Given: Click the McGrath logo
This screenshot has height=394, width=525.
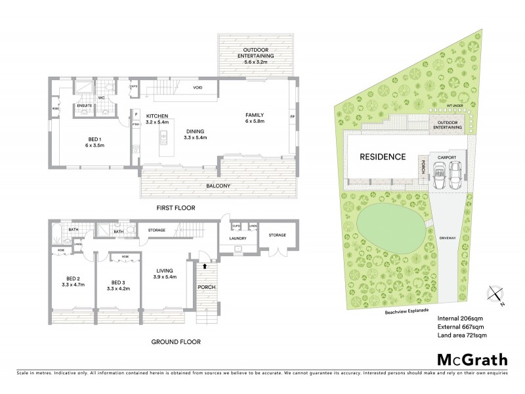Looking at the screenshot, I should pyautogui.click(x=472, y=359).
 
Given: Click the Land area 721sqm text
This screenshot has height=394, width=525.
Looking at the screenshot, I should pyautogui.click(x=461, y=336).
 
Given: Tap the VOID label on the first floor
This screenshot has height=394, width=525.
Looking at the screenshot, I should pyautogui.click(x=197, y=87).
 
